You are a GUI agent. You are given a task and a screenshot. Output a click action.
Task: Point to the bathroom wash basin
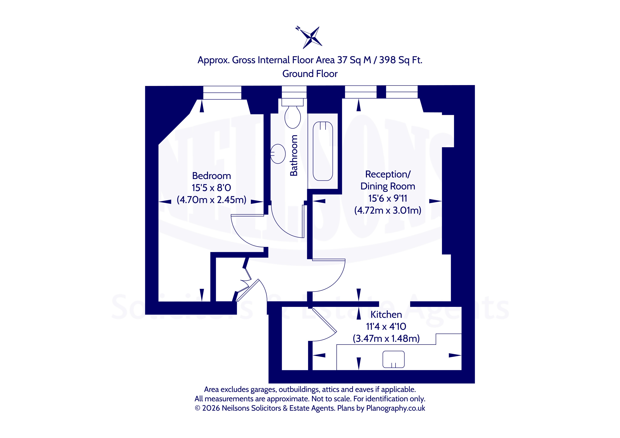click(278, 154)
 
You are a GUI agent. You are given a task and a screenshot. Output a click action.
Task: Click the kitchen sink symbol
click(393, 359)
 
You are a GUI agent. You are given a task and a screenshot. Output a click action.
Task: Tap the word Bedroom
click(211, 176)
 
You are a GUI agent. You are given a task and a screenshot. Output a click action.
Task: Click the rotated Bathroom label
click(293, 155)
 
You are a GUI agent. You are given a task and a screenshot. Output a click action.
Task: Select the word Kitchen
click(386, 314)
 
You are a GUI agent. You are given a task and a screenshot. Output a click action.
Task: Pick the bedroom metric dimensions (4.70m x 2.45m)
click(211, 200)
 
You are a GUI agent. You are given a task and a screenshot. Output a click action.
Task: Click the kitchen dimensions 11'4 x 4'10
click(386, 327)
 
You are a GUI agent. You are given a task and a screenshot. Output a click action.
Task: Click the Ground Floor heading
click(310, 74)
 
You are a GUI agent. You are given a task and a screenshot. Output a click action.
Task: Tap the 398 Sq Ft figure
click(401, 60)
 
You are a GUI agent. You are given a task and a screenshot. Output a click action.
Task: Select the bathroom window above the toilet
click(294, 92)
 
